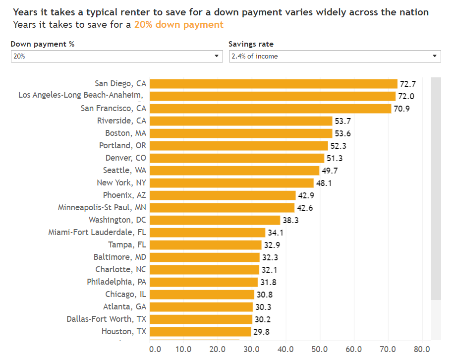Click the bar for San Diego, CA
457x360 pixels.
(273, 84)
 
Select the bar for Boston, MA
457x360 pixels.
(240, 133)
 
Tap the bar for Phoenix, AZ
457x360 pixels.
(222, 195)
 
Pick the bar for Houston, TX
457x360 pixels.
(200, 332)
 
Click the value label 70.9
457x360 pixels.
(401, 109)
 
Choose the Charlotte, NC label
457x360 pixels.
(121, 269)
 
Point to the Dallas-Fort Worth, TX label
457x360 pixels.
(107, 319)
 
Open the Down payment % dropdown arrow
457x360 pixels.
(217, 56)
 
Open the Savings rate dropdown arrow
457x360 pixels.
(435, 56)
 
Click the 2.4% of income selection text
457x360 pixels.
(255, 57)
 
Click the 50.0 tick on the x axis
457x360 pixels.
(320, 349)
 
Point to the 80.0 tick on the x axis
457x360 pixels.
(422, 349)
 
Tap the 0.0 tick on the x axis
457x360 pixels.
(155, 349)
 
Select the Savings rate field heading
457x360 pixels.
(251, 44)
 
